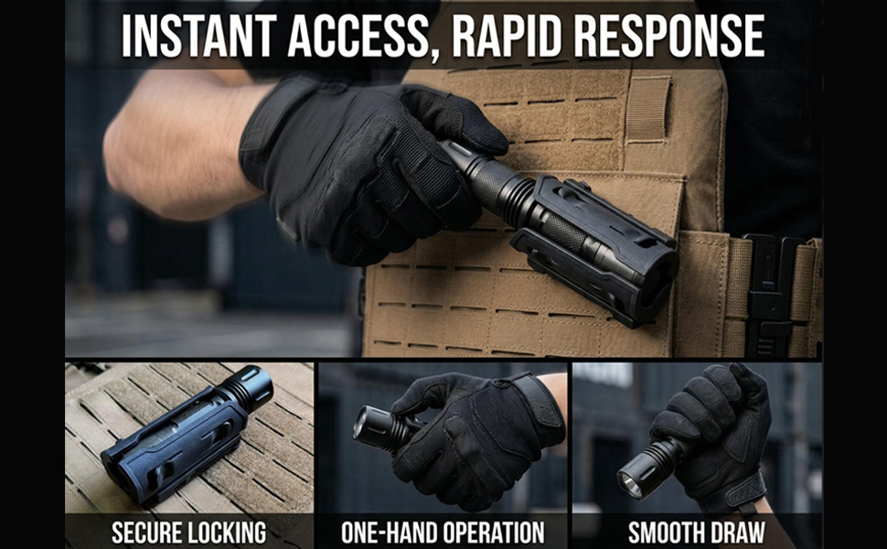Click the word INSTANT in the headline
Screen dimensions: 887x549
[x=198, y=36]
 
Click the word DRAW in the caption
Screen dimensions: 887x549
[x=739, y=532]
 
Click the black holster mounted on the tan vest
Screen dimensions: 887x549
[x=594, y=249]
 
